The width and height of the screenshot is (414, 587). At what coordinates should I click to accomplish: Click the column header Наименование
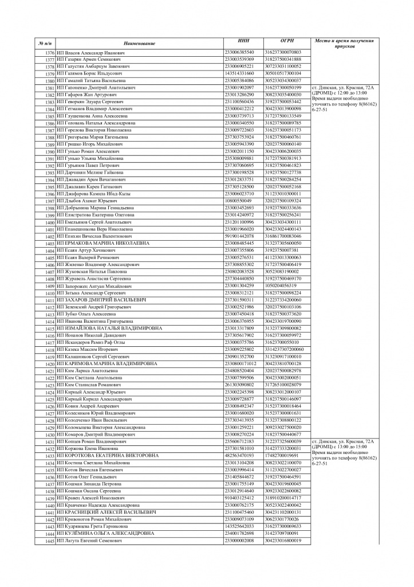pyautogui.click(x=139, y=44)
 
